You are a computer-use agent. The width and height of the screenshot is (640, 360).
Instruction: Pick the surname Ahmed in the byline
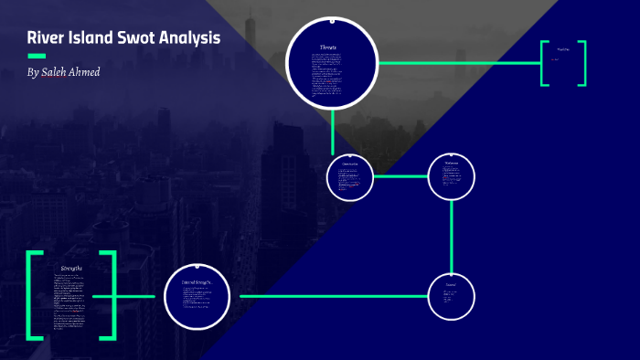click(86, 71)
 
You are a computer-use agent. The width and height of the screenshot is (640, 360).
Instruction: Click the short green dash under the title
click(37, 56)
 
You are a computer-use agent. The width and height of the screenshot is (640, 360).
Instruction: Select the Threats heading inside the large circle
click(328, 47)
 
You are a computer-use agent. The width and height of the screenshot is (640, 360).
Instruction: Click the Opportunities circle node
click(350, 176)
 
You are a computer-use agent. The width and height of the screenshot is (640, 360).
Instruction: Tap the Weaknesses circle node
click(452, 176)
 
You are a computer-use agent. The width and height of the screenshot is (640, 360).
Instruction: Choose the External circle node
click(452, 296)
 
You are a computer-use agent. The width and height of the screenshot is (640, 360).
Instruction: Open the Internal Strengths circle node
click(197, 296)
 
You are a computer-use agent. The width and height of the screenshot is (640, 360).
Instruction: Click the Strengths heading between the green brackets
click(70, 267)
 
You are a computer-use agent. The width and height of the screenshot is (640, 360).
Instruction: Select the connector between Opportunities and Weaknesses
click(400, 176)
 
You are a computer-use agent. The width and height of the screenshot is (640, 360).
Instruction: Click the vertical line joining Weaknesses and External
click(452, 236)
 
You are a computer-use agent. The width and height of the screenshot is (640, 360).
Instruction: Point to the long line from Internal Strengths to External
click(329, 296)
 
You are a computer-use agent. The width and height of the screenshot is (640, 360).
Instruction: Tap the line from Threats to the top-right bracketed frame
click(457, 63)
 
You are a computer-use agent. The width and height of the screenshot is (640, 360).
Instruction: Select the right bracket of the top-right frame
click(582, 63)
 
